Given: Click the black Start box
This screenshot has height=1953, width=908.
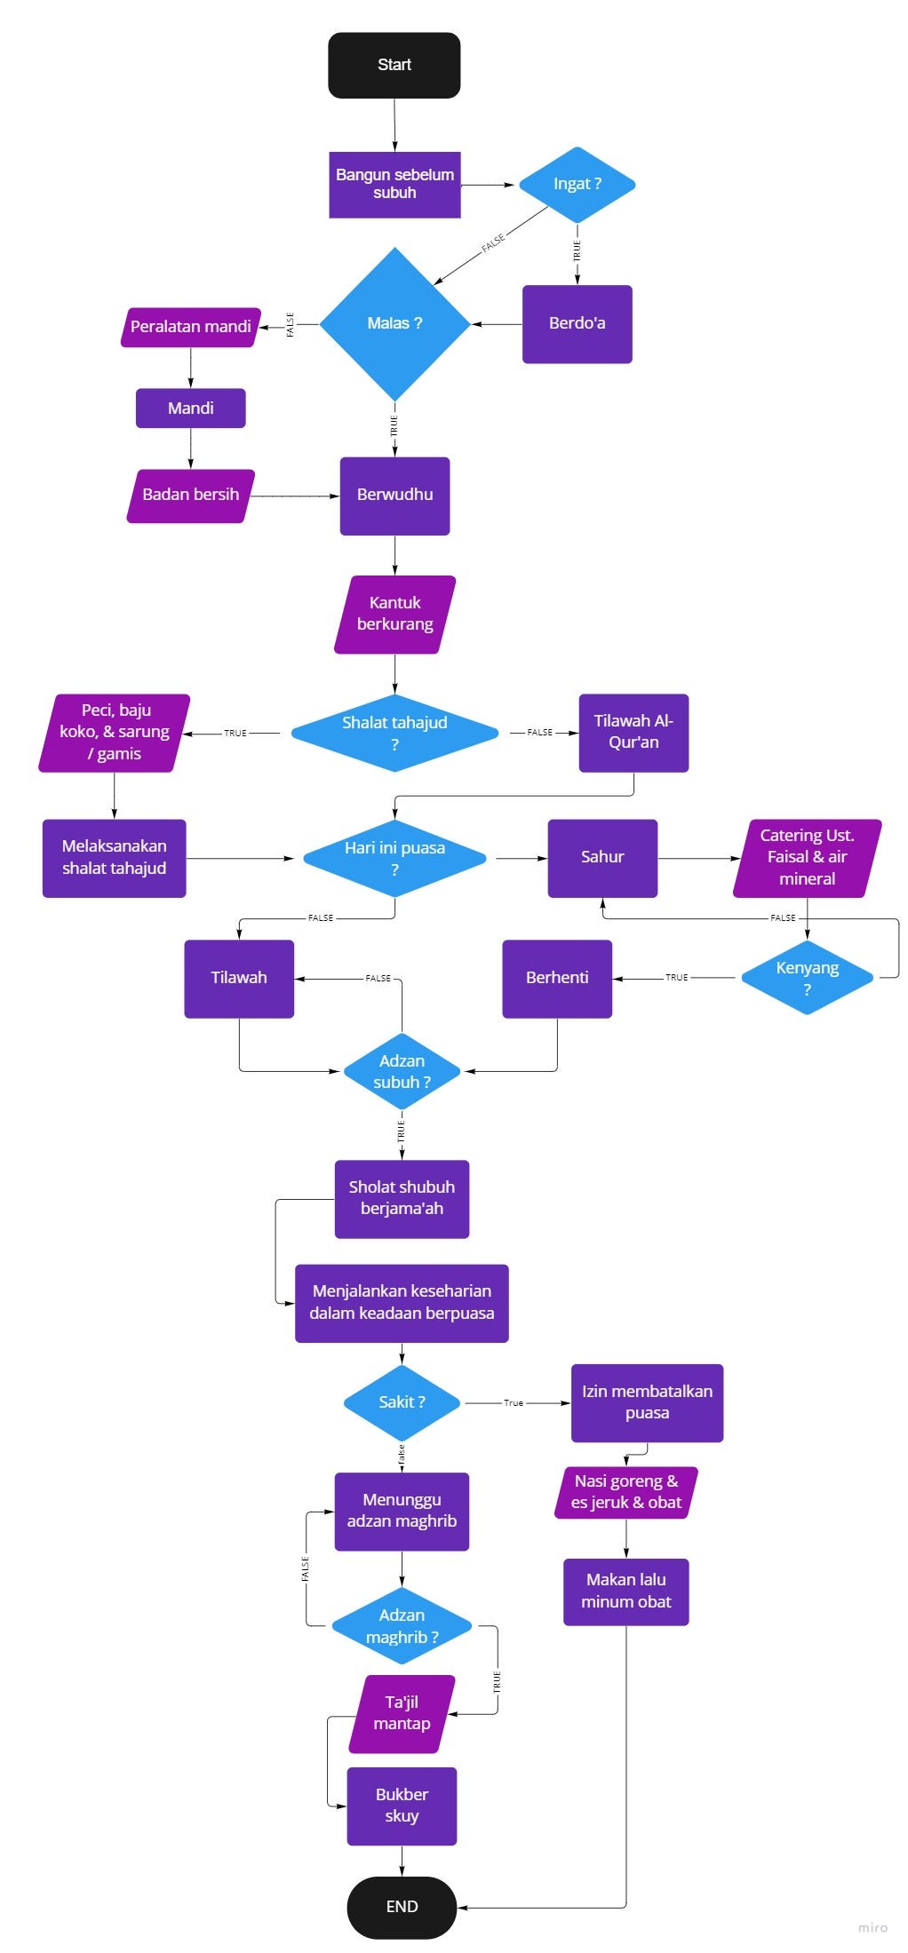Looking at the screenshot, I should (394, 65).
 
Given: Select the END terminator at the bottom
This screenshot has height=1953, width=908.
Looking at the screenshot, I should (402, 1906).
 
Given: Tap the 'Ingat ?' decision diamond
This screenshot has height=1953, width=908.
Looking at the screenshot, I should (577, 184).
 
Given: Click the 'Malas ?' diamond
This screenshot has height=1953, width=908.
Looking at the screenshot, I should (394, 323).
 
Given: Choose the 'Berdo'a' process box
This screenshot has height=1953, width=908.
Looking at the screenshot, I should (577, 323).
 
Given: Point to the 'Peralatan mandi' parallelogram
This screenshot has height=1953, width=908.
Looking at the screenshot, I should (190, 327).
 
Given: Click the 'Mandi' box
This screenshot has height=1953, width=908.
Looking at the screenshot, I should (190, 408).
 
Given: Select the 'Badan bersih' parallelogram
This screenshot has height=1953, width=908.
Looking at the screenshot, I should (190, 495).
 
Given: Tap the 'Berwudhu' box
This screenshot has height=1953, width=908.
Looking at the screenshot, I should (394, 495).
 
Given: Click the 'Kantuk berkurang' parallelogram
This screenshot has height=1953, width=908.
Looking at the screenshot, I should (394, 614).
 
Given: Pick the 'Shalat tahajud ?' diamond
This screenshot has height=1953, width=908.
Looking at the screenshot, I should (394, 733).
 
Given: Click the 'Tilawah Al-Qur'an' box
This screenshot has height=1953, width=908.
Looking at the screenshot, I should (633, 732).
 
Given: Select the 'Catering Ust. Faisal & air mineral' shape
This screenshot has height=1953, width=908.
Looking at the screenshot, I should (807, 857).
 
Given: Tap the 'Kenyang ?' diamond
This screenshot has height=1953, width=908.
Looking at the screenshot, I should (807, 977).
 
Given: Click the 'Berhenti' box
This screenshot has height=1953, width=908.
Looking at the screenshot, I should (557, 978).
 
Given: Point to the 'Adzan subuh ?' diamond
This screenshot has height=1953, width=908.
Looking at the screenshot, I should (402, 1071).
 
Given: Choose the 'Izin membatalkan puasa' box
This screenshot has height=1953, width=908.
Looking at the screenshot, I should (647, 1402).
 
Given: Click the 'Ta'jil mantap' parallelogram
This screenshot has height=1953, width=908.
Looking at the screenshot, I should (402, 1713).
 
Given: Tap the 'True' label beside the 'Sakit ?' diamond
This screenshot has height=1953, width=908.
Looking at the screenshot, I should (514, 1402).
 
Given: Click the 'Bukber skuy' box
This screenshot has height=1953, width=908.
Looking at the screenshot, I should (402, 1805).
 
